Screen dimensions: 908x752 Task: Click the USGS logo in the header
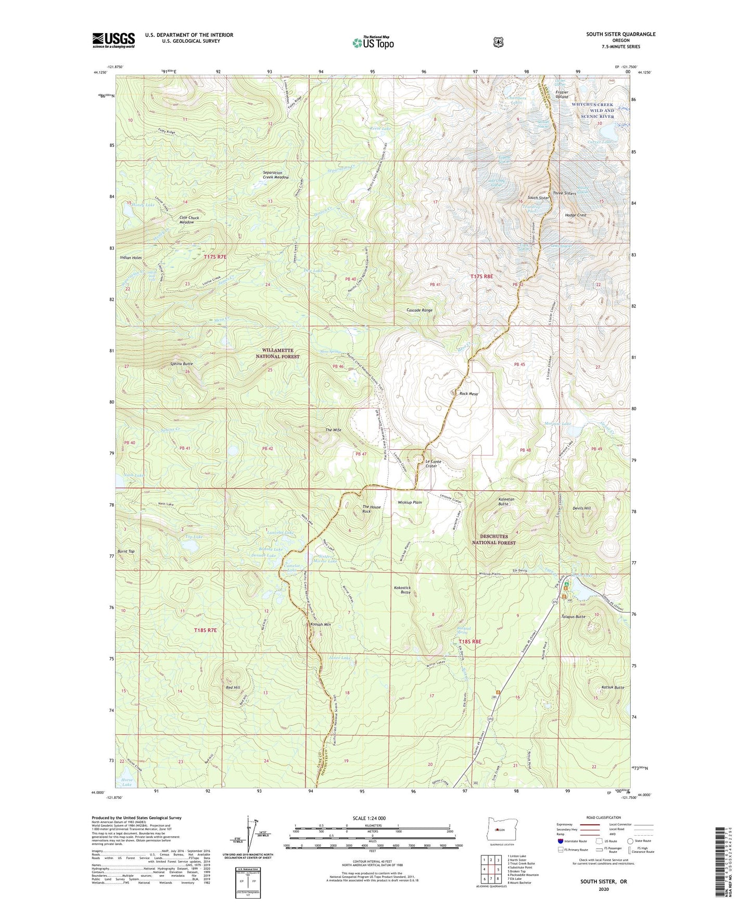pyautogui.click(x=113, y=40)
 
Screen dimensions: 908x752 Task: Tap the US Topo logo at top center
pyautogui.click(x=373, y=43)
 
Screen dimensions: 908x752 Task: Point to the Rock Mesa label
pyautogui.click(x=468, y=394)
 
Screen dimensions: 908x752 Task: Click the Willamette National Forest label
pyautogui.click(x=277, y=354)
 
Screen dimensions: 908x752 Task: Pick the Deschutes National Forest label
pyautogui.click(x=493, y=539)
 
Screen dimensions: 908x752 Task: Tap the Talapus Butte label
pyautogui.click(x=573, y=617)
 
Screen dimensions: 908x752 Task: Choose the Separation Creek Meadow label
pyautogui.click(x=276, y=175)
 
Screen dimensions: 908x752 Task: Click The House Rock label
pyautogui.click(x=372, y=509)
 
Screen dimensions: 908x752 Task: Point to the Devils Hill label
pyautogui.click(x=581, y=508)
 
